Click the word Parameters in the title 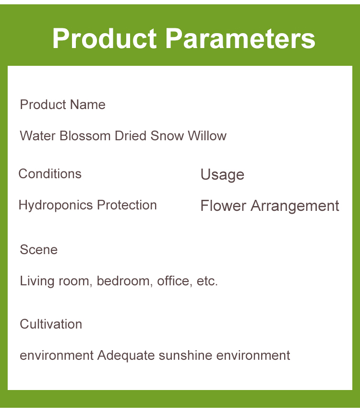(x=240, y=38)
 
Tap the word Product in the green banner (x=105, y=38)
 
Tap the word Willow (x=207, y=136)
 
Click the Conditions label (x=50, y=174)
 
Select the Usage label (x=222, y=175)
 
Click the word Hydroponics (x=56, y=206)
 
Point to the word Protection (x=127, y=205)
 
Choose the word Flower (x=223, y=206)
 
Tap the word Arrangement (x=295, y=207)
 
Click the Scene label (x=38, y=250)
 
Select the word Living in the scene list (x=37, y=281)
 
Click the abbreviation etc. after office (x=207, y=281)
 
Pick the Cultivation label (x=51, y=324)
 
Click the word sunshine (x=185, y=355)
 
